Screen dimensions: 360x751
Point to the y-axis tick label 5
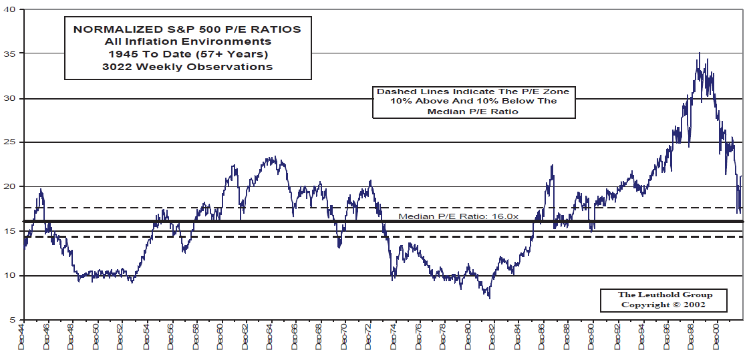14,320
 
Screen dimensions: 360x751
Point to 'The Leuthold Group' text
664,295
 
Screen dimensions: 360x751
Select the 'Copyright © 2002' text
664,305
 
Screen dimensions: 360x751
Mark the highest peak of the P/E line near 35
699,53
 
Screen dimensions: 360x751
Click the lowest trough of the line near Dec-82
490,297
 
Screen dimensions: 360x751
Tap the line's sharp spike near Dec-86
553,166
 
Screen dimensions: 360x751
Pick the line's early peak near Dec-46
41,190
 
